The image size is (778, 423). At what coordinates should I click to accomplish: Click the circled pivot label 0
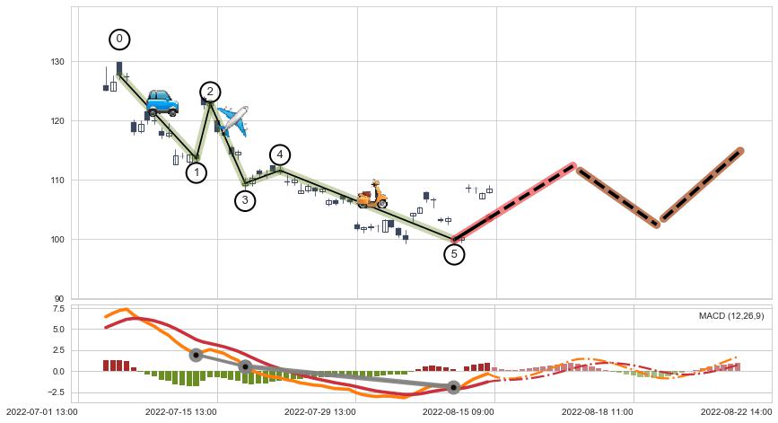coord(119,40)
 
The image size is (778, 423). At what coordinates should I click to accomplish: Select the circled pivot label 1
coord(197,172)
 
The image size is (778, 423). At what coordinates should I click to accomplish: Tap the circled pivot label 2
coord(210,92)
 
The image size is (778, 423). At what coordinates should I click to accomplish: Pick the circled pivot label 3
coord(245,200)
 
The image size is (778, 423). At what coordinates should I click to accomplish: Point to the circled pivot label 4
coord(279,154)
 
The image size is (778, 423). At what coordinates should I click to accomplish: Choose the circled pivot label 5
coord(454,254)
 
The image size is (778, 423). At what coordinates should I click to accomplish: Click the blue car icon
coord(162,102)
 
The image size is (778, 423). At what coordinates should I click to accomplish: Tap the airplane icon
coord(232,119)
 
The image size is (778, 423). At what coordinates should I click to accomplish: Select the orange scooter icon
coord(372,195)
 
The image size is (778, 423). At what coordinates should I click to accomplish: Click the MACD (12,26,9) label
coord(731,315)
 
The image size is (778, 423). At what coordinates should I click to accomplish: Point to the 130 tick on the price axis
coord(59,62)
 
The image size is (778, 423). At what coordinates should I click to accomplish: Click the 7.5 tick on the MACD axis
coord(58,308)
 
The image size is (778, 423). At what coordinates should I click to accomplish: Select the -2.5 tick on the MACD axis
coord(57,392)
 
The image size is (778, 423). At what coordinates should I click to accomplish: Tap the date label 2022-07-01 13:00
coord(40,411)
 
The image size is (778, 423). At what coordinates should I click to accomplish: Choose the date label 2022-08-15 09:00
coord(459,411)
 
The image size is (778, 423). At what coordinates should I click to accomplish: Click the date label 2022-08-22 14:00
coord(735,411)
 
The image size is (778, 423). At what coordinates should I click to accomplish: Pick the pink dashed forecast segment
coord(514,203)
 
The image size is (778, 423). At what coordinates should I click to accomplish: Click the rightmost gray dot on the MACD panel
coord(453,387)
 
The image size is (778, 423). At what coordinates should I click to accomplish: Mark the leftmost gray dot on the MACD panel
coord(196,355)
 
